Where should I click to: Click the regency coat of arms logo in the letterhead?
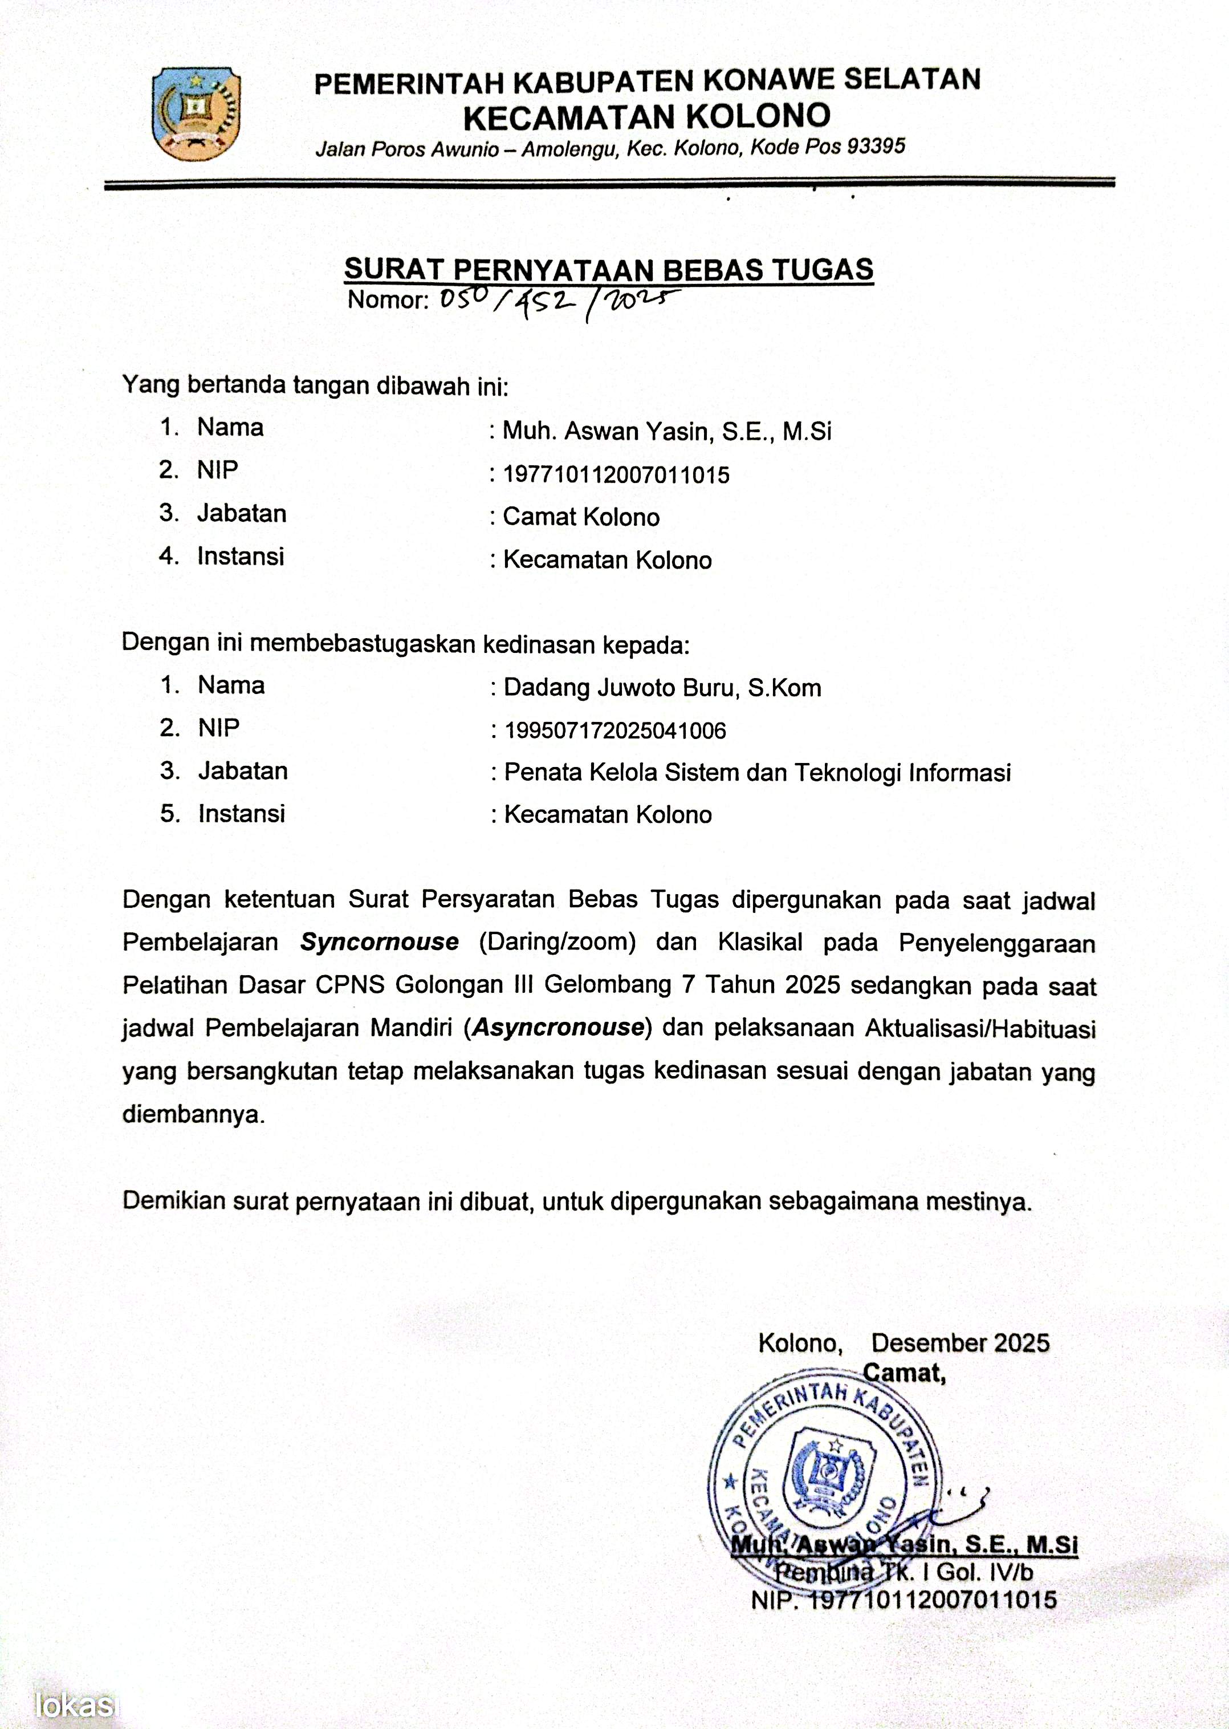coord(196,113)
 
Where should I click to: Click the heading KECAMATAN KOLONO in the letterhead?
coord(646,116)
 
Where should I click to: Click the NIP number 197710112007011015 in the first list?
coord(616,474)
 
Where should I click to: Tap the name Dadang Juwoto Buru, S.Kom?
coord(662,687)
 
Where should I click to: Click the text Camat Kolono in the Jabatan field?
coord(581,517)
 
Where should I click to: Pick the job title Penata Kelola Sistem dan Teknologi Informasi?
coord(758,772)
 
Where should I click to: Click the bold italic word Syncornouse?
coord(379,941)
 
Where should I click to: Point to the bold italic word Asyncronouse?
coord(557,1027)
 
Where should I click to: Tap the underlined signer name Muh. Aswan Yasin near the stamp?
coord(904,1545)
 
